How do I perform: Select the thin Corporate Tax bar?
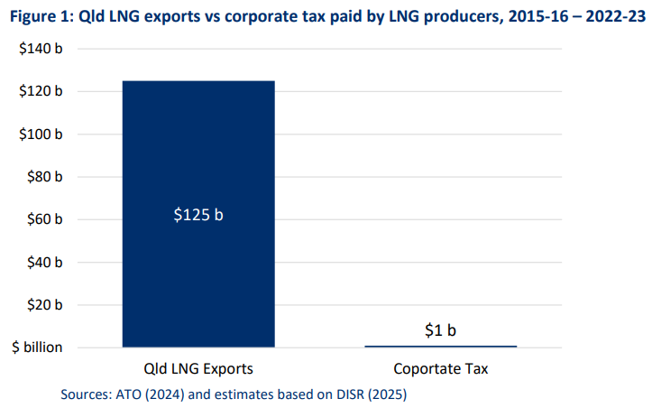point(440,346)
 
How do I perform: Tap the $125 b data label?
point(198,216)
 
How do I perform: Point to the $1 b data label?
point(440,330)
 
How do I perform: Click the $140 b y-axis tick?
point(41,49)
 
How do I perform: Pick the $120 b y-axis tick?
point(41,91)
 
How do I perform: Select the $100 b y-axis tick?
point(41,134)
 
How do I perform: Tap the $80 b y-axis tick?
point(43,177)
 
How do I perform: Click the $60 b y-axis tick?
point(43,219)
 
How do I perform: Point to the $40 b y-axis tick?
point(43,262)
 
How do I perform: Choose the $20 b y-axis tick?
point(43,304)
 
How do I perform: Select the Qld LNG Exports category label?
point(198,369)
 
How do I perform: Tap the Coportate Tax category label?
point(440,369)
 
